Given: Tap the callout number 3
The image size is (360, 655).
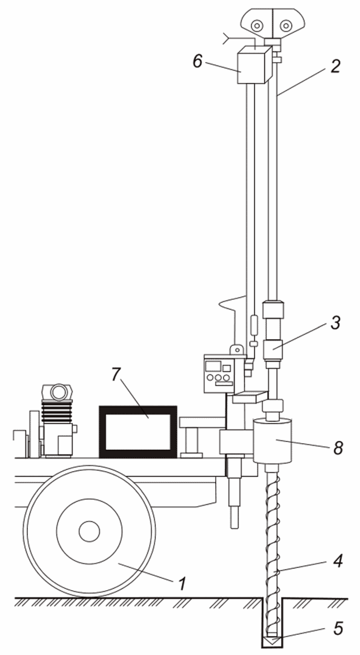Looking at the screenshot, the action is pos(335,324).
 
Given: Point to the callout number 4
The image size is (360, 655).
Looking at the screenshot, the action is pos(338,561).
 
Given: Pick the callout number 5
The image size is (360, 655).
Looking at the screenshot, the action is pos(338,628).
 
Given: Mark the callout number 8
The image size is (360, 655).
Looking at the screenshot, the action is pos(338,448).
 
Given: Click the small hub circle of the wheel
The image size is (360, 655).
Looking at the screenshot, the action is pos(89,531).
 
